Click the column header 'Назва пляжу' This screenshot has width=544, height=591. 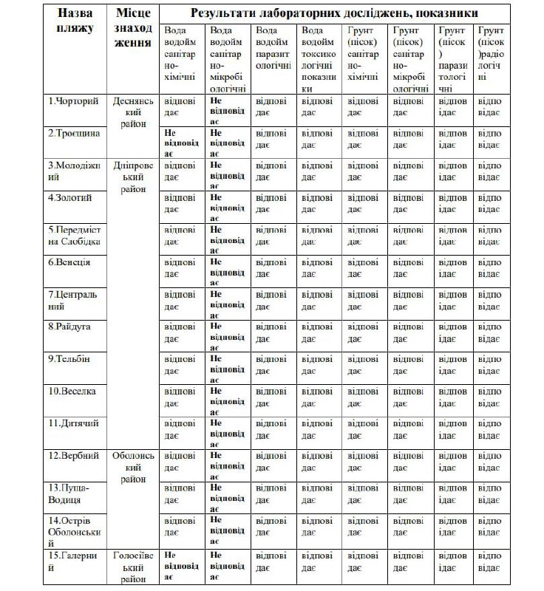74,21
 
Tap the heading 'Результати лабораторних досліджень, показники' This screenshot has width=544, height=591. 333,13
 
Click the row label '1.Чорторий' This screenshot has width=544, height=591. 73,100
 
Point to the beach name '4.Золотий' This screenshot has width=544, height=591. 72,197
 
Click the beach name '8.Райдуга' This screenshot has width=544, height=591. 71,326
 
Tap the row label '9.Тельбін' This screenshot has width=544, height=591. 69,358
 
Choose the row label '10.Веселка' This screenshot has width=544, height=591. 72,391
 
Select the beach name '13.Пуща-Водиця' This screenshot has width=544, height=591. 69,494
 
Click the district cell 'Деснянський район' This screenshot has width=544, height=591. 134,112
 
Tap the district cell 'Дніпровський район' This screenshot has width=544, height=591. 134,177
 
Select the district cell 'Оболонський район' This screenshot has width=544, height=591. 134,467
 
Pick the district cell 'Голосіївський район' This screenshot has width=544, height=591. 134,565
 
